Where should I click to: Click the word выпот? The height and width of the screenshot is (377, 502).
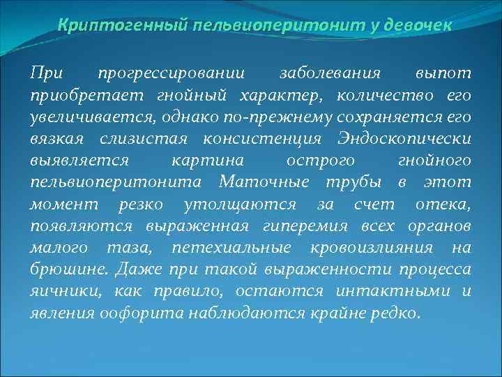[443, 73]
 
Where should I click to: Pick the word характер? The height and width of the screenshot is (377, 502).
[282, 95]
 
